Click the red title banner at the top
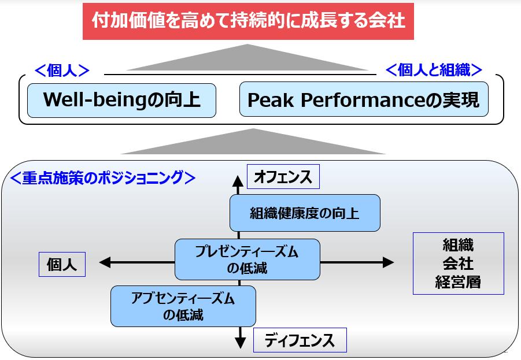(249, 21)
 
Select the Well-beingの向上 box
(121, 101)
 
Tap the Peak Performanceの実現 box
(364, 101)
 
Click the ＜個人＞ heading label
(62, 70)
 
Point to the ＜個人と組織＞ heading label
(434, 70)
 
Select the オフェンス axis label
(283, 177)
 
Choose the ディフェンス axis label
(300, 340)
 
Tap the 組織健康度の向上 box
(305, 213)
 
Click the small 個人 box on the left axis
(62, 265)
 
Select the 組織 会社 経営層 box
(458, 263)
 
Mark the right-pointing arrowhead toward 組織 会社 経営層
(388, 262)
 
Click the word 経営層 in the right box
(458, 283)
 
